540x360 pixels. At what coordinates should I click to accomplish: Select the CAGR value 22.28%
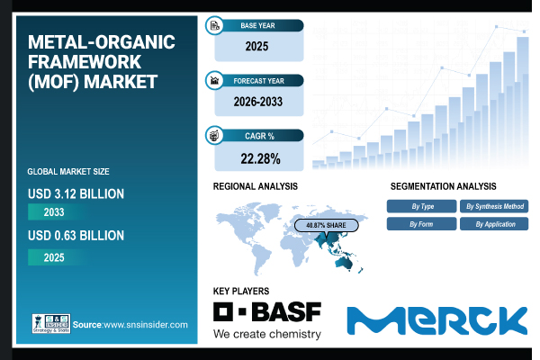[258, 158]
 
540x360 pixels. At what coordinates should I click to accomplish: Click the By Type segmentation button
[421, 206]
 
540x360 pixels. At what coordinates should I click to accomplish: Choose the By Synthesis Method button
[494, 206]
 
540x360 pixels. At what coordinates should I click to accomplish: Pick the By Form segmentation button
[421, 223]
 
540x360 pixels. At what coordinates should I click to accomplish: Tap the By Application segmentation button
[494, 223]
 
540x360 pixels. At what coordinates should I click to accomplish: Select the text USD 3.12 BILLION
[76, 193]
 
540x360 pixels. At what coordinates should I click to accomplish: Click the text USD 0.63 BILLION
[76, 236]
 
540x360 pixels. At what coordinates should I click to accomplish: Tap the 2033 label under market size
[59, 213]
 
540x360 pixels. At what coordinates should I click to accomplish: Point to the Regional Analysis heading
[255, 185]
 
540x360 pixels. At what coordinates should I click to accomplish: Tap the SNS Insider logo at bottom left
[49, 323]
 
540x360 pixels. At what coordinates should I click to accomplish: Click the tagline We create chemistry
[266, 334]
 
